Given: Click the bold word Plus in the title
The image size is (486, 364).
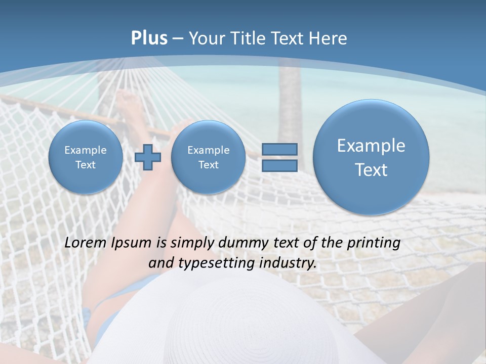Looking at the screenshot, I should tap(149, 38).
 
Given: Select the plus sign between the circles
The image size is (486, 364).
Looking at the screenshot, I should tap(148, 157).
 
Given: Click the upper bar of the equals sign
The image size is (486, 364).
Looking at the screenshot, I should tap(279, 149).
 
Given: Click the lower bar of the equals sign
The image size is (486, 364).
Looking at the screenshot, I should tap(279, 166).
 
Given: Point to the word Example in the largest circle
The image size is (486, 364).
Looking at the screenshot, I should tap(371, 146).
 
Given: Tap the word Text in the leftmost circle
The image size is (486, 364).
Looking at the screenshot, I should tap(86, 165).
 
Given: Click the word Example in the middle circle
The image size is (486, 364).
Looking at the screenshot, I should tap(208, 150).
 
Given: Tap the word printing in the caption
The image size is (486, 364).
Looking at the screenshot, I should tap(374, 243).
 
